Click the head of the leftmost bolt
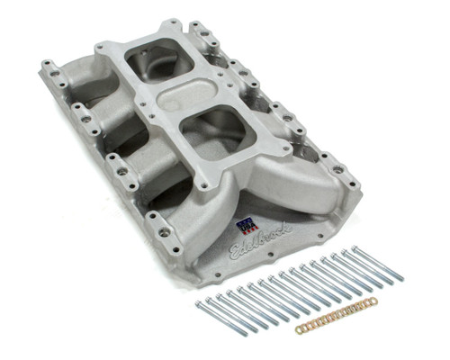point(200,306)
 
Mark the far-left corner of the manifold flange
point(43,65)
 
